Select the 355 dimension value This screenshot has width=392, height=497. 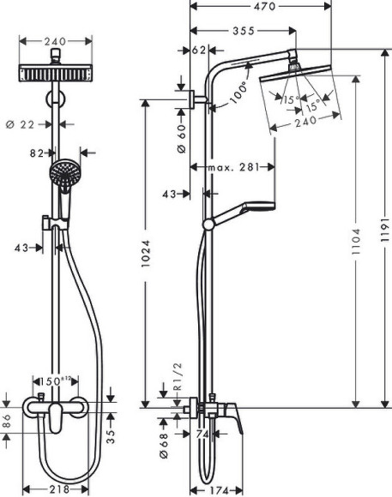click(x=243, y=31)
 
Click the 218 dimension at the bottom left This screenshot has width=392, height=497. click(x=57, y=488)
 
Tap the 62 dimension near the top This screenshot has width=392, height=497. click(x=198, y=51)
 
